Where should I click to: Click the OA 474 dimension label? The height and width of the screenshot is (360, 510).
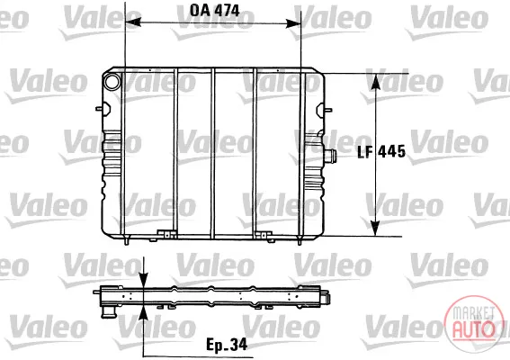[215, 11]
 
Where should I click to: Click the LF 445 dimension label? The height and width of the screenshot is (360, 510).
[381, 152]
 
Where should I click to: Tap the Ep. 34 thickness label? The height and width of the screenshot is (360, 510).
[227, 345]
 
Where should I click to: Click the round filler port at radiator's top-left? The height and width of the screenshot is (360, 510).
[112, 81]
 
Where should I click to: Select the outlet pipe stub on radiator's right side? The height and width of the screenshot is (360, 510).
[331, 157]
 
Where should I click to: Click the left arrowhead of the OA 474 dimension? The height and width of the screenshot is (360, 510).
[133, 22]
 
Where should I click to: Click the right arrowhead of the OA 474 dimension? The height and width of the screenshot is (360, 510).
[293, 23]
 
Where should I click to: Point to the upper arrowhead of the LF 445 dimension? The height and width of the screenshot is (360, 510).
[376, 81]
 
